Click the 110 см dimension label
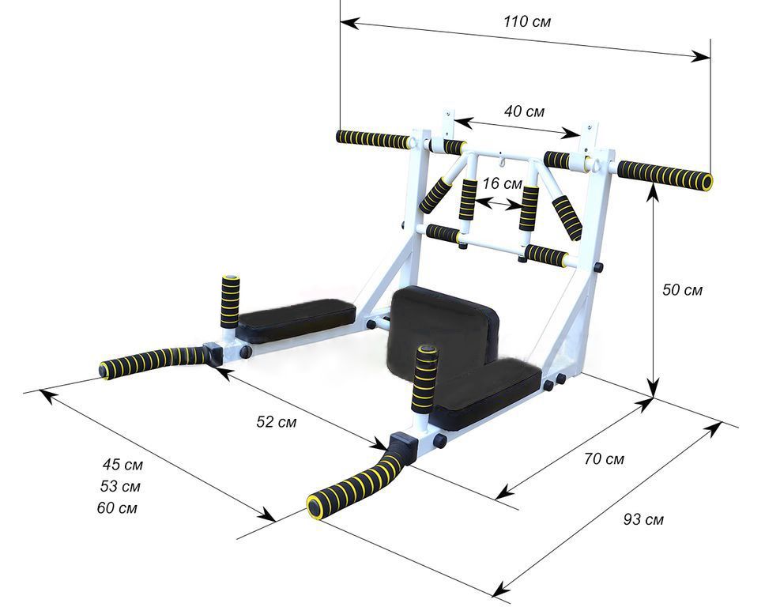[x=527, y=22]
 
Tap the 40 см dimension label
[x=524, y=111]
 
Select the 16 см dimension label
[x=502, y=183]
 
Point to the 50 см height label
[x=682, y=290]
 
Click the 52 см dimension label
[x=276, y=421]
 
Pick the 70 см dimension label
[x=604, y=459]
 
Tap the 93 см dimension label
[x=643, y=519]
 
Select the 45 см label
[x=122, y=465]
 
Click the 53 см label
[x=120, y=486]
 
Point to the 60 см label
[x=117, y=508]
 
